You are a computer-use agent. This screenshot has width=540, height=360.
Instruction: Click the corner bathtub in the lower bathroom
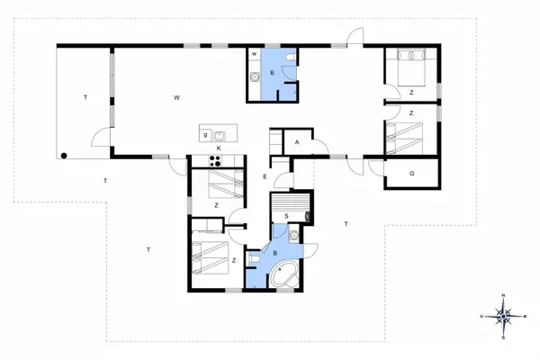click(x=287, y=275)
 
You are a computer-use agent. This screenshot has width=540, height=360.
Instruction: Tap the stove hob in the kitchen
click(x=216, y=161)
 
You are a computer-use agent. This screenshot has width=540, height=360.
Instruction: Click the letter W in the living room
click(x=177, y=96)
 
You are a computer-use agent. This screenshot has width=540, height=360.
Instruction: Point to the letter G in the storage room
click(x=411, y=172)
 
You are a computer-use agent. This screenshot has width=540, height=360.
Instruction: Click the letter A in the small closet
click(x=296, y=142)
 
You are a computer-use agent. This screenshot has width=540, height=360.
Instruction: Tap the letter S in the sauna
click(x=286, y=216)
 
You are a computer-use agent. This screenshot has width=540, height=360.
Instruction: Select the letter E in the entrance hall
click(x=265, y=176)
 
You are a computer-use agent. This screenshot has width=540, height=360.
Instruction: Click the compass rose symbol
click(x=504, y=316)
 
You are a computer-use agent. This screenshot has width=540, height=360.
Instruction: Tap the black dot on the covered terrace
click(x=65, y=156)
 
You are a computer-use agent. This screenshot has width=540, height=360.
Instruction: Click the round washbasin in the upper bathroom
click(x=255, y=77)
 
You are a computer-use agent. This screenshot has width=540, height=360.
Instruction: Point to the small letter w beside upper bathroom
click(x=255, y=55)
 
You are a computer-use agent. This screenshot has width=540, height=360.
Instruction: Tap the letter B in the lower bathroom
click(x=274, y=254)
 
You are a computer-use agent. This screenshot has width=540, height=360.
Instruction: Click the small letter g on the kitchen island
click(x=206, y=135)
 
